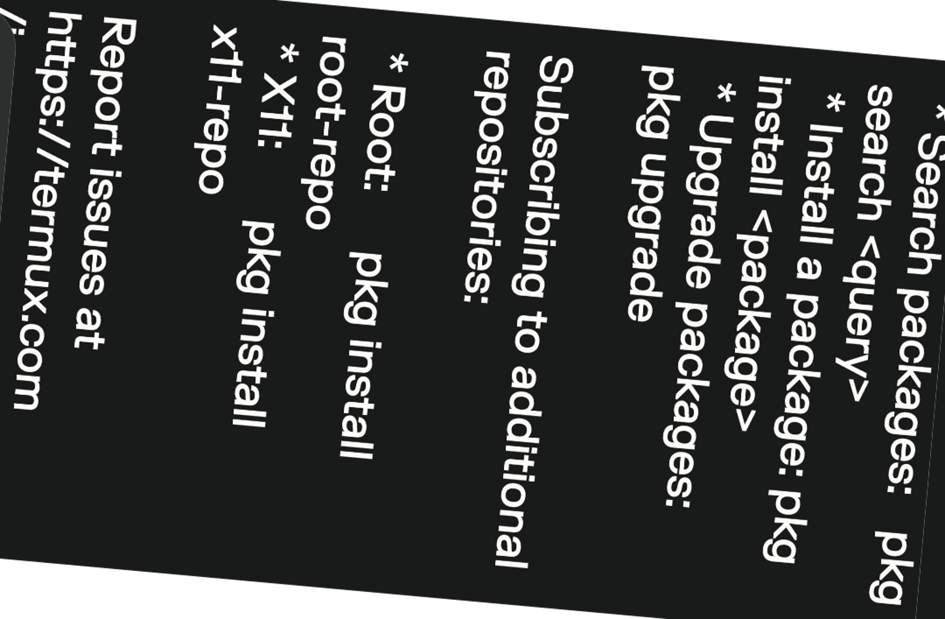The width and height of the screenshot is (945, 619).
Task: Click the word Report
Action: coord(113,88)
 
